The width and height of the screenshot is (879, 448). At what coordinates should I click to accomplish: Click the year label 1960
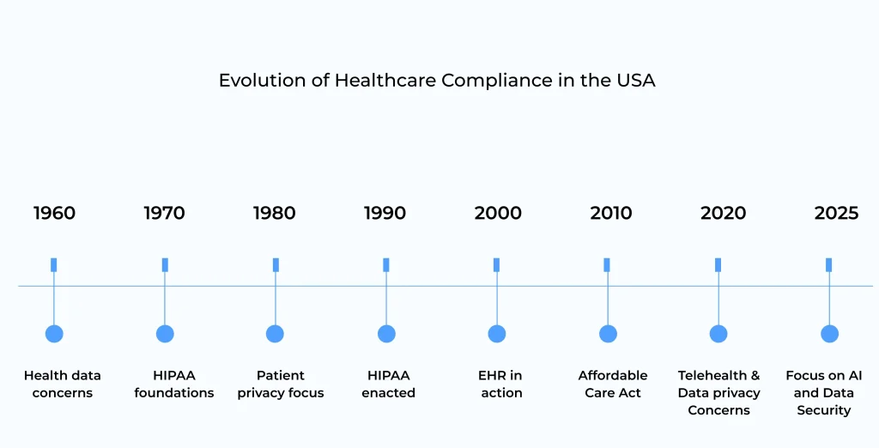pos(54,213)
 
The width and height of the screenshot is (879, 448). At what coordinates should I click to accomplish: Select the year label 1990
pos(385,213)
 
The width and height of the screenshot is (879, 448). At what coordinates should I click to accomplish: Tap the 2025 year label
pos(836,213)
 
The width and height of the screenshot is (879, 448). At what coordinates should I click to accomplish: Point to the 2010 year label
pos(611,213)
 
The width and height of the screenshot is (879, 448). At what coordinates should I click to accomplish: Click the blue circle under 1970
pos(165,334)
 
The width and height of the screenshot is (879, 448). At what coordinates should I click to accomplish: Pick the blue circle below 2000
pos(497,334)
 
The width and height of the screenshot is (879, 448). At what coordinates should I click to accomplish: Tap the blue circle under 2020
pos(718,334)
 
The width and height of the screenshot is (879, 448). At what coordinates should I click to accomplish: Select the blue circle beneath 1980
pos(275,334)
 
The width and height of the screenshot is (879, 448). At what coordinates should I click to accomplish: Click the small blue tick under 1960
pos(54,264)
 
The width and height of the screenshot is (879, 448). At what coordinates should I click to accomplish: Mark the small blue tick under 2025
pos(829,264)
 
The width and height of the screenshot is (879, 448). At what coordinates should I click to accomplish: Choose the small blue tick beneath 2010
pos(607,264)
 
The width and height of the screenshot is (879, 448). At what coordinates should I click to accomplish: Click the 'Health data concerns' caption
pos(62,384)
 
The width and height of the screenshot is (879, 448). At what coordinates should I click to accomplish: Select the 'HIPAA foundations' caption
pos(174,384)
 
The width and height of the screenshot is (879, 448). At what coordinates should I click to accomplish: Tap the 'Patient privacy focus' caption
pos(281,384)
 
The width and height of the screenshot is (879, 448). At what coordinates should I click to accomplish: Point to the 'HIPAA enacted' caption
pos(388,384)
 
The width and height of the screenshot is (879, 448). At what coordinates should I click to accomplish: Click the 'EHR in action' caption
pos(500,384)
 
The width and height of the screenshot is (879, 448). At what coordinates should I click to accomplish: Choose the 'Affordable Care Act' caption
pos(613,384)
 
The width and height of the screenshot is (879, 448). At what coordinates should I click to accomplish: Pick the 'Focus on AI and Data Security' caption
pos(824,392)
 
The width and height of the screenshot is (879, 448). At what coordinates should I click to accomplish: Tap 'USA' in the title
pos(636,81)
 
